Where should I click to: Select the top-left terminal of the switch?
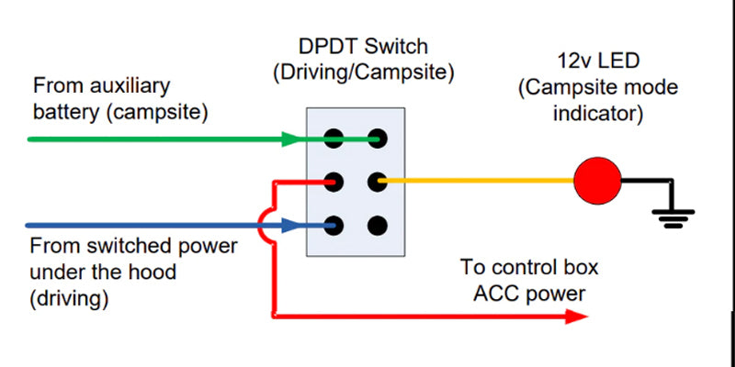pos(334,139)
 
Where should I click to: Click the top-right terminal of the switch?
pos(377,139)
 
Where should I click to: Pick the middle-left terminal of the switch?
pos(334,182)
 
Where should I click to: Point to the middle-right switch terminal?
pos(377,182)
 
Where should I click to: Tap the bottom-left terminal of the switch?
pos(334,225)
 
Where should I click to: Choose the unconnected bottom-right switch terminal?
pos(377,225)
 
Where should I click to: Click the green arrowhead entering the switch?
pos(291,139)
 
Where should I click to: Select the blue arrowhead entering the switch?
pos(291,225)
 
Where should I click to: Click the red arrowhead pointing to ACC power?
pos(575,317)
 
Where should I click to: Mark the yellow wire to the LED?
pos(478,182)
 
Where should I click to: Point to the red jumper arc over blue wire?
pos(266,225)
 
